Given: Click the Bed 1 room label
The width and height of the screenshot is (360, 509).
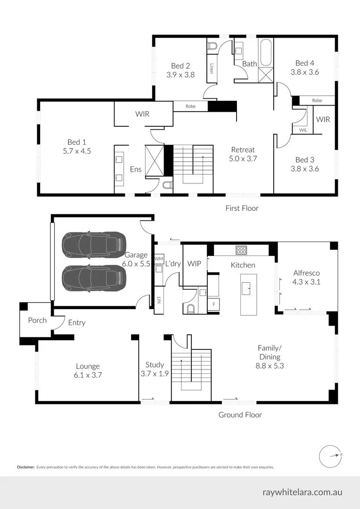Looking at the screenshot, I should click(76, 142).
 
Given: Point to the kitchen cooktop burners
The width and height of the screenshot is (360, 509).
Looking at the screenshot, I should click(241, 250).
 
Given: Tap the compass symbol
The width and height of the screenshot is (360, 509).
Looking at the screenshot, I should click(329, 455).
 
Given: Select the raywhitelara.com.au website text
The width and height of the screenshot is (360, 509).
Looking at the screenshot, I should click(302, 492).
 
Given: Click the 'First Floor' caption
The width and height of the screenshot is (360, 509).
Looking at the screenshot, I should click(242, 208).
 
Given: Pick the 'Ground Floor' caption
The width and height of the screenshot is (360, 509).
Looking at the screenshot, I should click(240, 415).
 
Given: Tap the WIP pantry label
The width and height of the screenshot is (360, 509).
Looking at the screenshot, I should click(194, 263).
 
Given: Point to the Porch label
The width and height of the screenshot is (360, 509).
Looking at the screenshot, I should click(37, 320).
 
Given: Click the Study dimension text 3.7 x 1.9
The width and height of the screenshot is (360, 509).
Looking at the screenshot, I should click(155, 374).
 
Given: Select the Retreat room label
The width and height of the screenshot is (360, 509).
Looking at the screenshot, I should click(243, 149).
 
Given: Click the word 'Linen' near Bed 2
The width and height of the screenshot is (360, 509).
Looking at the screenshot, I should click(212, 68).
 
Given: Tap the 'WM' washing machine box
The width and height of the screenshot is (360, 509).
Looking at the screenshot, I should click(159, 259).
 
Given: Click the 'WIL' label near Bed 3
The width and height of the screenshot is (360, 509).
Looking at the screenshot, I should click(302, 130).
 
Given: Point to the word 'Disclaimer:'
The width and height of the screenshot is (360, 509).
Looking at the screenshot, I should click(26, 467).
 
